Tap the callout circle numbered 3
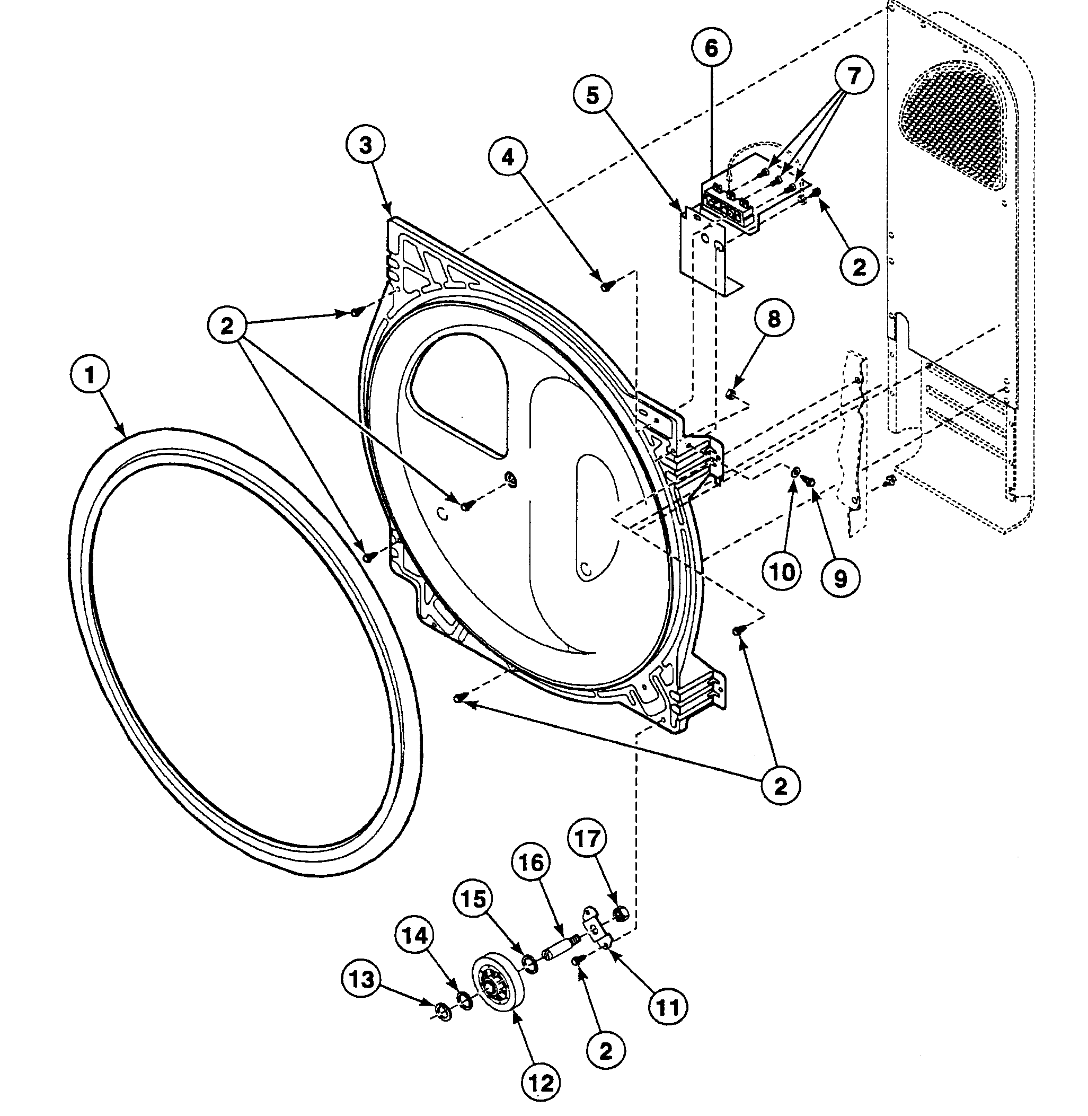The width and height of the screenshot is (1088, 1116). (x=365, y=145)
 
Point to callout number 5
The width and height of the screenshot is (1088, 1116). (x=592, y=95)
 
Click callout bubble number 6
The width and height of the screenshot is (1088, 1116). (x=711, y=48)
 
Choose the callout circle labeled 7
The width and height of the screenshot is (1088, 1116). (x=853, y=75)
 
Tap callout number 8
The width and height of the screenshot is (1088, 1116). (x=774, y=319)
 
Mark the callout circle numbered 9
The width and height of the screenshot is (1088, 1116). (x=840, y=579)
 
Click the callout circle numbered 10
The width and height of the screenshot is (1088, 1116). (x=783, y=571)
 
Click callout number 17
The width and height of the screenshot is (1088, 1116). (x=587, y=839)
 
